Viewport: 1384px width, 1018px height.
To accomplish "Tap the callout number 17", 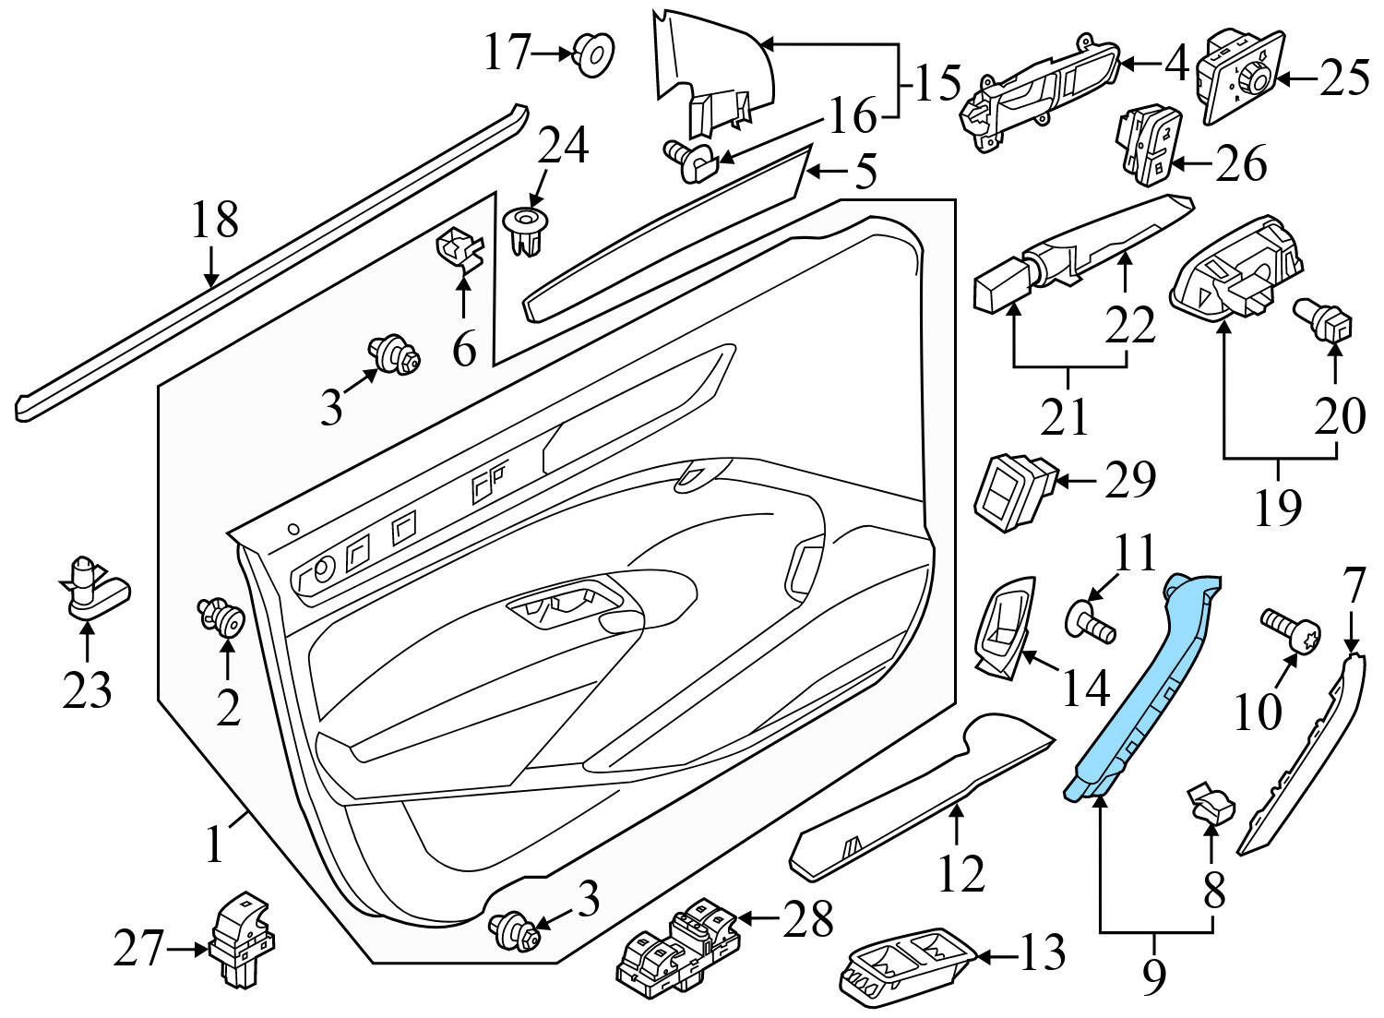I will click(508, 53).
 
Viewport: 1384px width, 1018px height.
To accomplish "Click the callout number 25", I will click(1343, 79).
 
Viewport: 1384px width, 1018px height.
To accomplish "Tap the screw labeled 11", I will click(1092, 620).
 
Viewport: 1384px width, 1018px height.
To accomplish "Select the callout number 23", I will click(87, 689).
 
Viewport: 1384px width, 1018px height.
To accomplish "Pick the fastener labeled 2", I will click(221, 619).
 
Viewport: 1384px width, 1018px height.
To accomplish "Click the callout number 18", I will click(214, 220).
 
